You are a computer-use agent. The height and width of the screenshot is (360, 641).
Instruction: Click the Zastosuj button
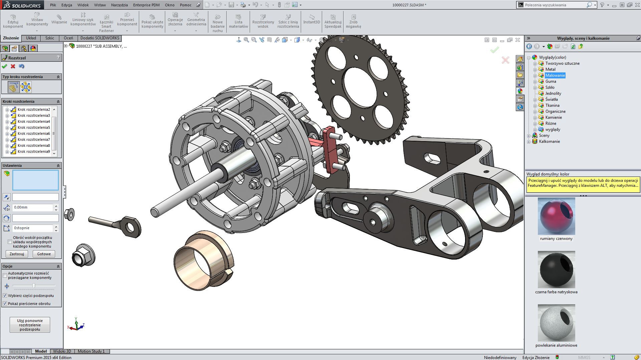pyautogui.click(x=17, y=254)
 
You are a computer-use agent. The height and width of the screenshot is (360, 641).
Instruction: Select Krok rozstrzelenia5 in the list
pyautogui.click(x=33, y=127)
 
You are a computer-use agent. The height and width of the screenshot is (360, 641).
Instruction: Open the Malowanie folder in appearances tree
pyautogui.click(x=555, y=75)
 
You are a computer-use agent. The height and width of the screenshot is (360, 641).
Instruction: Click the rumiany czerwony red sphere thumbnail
pyautogui.click(x=556, y=216)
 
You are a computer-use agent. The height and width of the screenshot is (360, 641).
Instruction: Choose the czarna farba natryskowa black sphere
pyautogui.click(x=556, y=270)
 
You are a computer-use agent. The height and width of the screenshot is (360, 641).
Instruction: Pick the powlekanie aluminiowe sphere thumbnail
pyautogui.click(x=556, y=323)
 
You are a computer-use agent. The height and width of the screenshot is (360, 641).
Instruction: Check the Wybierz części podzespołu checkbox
pyautogui.click(x=5, y=296)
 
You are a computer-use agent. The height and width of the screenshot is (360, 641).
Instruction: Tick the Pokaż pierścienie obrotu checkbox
pyautogui.click(x=5, y=304)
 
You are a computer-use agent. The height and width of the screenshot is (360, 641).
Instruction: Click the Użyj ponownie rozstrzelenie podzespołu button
pyautogui.click(x=30, y=325)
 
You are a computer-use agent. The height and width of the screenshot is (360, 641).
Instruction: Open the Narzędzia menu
pyautogui.click(x=119, y=5)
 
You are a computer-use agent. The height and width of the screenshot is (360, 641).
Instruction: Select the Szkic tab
pyautogui.click(x=50, y=38)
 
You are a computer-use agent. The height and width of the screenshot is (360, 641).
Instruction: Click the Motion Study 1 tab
pyautogui.click(x=91, y=351)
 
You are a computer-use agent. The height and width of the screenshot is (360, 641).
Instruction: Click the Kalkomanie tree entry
pyautogui.click(x=549, y=141)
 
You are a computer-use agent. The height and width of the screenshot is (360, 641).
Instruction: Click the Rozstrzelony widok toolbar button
pyautogui.click(x=263, y=21)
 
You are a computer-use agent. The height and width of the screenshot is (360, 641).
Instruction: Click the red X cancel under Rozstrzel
pyautogui.click(x=13, y=66)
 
